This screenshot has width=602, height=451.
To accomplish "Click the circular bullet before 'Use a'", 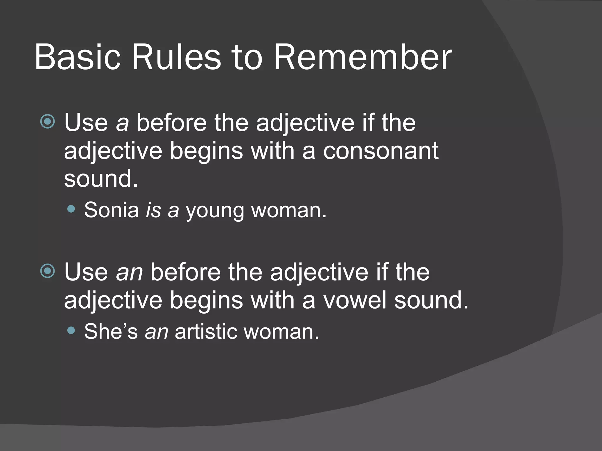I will click(48, 121).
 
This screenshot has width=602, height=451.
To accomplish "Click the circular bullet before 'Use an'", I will click(48, 271).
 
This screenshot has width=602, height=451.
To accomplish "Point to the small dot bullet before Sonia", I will click(71, 209).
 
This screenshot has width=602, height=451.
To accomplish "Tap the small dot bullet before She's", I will click(71, 331).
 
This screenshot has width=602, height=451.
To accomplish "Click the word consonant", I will click(381, 151).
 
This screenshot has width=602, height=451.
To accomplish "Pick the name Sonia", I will click(111, 210).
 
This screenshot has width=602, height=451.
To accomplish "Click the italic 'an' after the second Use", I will click(129, 272).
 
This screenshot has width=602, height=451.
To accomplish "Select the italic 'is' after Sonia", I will click(153, 210).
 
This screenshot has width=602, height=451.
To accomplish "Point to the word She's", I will click(111, 332).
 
